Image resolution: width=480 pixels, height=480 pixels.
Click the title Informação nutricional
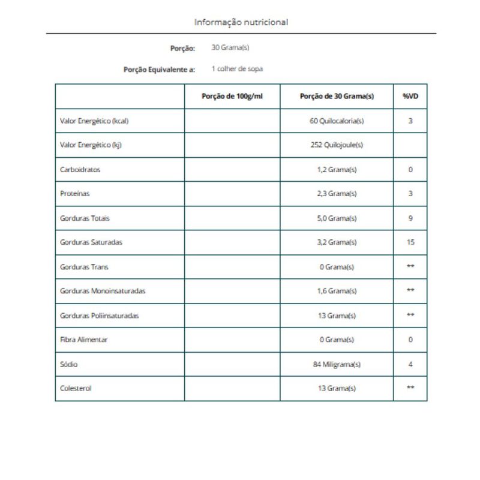point(241,22)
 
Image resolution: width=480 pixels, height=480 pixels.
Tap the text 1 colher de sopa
point(237,69)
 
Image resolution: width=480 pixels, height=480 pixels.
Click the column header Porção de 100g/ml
point(232,97)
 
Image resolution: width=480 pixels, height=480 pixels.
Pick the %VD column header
point(410,97)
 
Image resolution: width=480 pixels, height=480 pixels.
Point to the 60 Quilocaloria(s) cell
point(337,121)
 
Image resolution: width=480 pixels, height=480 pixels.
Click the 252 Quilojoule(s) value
point(337,145)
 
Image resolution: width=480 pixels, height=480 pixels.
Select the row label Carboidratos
point(80,170)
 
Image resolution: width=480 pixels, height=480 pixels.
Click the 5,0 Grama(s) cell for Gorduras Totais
point(337,218)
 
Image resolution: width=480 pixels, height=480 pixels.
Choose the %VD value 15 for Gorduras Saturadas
point(410,242)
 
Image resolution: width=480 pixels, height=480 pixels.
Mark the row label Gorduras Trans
point(84,267)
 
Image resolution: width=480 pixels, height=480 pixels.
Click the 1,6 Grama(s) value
point(337,291)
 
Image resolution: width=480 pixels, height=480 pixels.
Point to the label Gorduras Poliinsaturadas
point(100,316)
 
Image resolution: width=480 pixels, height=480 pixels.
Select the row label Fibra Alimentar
point(84,340)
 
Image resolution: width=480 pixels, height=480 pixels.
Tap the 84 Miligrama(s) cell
point(337,364)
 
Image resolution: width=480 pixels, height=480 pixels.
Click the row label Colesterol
point(76,388)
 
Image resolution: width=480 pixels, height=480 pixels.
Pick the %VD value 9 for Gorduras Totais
point(410,218)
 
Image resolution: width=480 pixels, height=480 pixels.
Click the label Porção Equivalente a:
point(159,70)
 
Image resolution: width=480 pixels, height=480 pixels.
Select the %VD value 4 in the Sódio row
point(410,364)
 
